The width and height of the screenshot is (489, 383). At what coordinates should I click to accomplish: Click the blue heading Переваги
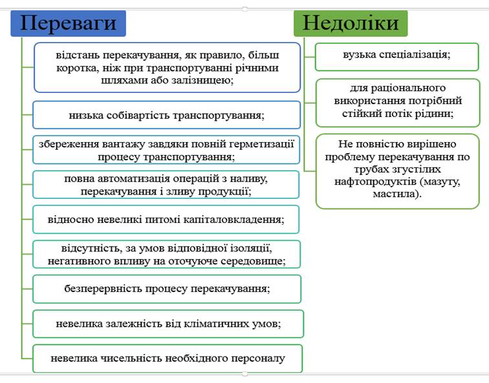(69, 23)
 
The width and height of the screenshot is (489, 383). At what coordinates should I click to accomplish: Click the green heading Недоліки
(351, 23)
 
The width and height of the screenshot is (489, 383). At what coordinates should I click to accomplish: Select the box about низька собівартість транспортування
(166, 115)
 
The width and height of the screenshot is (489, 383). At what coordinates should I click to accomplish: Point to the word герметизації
(262, 144)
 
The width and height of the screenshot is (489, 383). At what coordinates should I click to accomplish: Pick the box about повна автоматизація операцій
(166, 185)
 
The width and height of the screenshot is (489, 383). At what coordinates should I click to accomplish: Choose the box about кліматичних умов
(168, 324)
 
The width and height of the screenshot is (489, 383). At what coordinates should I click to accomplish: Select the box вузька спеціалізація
(397, 57)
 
